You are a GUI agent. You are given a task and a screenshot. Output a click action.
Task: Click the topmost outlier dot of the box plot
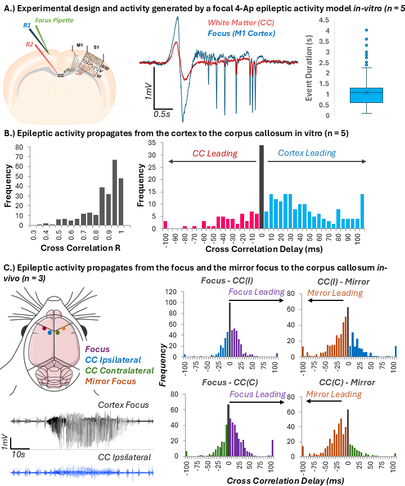pyautogui.click(x=366, y=30)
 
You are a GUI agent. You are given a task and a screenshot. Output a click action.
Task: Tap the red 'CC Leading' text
pyautogui.click(x=206, y=153)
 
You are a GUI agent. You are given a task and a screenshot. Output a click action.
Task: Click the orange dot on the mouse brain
pyautogui.click(x=64, y=327)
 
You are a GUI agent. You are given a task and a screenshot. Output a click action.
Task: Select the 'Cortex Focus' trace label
pyautogui.click(x=124, y=404)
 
